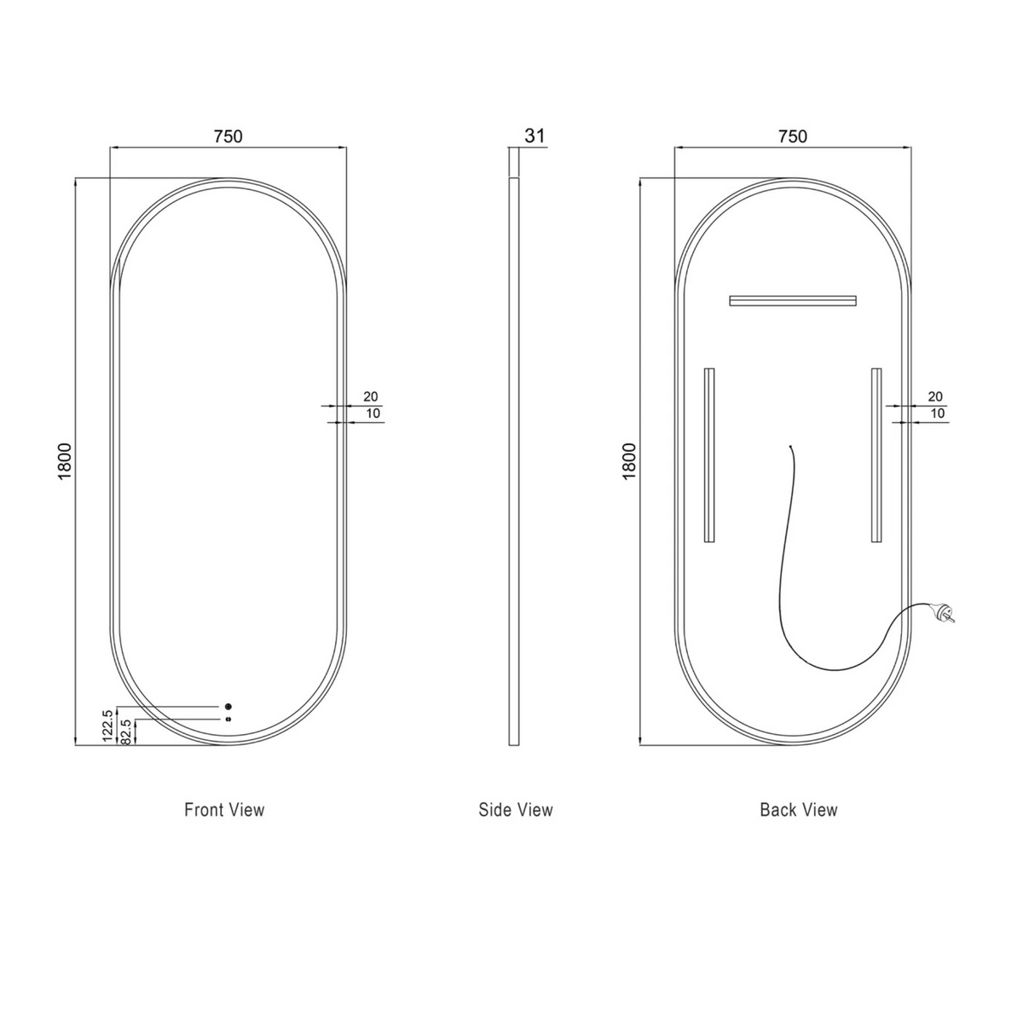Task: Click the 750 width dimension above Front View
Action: (x=228, y=136)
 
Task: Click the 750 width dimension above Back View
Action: (x=793, y=136)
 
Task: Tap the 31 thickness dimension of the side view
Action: (x=535, y=136)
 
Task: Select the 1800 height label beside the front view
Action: (x=64, y=461)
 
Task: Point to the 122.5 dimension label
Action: (x=107, y=725)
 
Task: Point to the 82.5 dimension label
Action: (x=126, y=731)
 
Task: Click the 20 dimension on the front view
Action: (x=371, y=396)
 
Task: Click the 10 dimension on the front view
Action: (x=373, y=413)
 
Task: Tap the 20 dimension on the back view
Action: (x=935, y=396)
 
